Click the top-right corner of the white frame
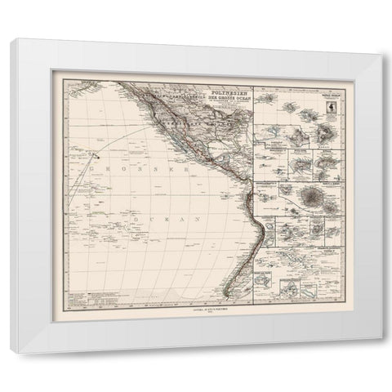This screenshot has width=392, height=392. [x=380, y=40]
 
